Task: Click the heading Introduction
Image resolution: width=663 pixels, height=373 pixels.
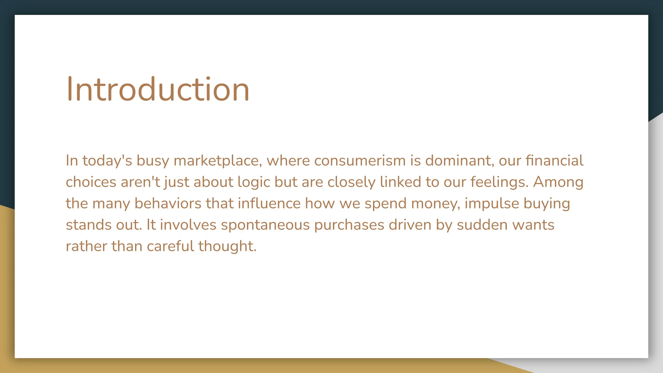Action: point(158,89)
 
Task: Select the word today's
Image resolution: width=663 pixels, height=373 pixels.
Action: point(107,161)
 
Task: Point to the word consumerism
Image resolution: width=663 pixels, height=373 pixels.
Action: point(360,161)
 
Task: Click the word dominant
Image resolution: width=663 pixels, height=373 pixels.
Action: point(459,161)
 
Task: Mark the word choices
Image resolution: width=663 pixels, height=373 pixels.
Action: point(91,182)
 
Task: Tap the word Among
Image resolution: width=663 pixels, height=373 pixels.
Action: point(558,182)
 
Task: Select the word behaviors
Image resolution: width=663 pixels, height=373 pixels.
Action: point(168,204)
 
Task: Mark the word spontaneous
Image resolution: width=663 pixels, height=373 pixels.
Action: point(265,225)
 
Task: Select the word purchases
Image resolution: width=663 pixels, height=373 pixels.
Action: point(349,225)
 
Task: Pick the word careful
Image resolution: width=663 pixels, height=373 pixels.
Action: point(170,246)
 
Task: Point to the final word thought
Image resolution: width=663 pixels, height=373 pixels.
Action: point(227,246)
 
